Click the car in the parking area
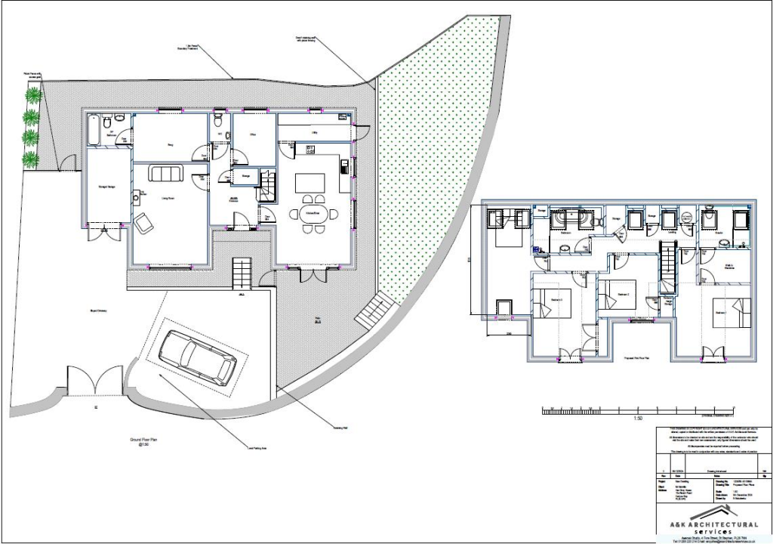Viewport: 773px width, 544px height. point(198,357)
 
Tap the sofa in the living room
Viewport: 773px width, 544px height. point(166,174)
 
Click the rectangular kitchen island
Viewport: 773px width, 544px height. point(310,183)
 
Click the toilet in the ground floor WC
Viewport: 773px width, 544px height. point(217,121)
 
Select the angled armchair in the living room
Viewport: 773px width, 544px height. point(143,221)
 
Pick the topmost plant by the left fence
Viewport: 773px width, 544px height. point(33,95)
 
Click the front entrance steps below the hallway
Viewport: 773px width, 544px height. point(241,273)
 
